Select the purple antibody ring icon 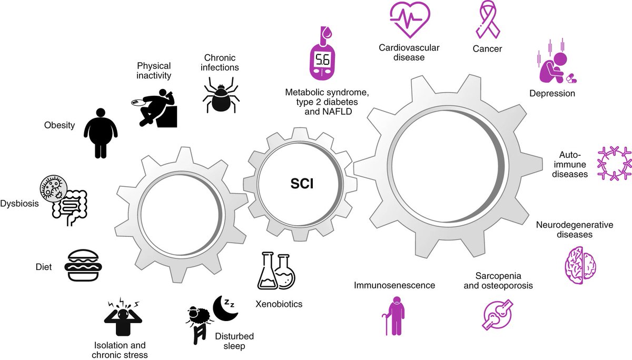tap(614, 165)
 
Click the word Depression tap(552, 93)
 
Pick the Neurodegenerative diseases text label tap(575, 229)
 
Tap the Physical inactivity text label tap(154, 71)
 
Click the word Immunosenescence tap(394, 285)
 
